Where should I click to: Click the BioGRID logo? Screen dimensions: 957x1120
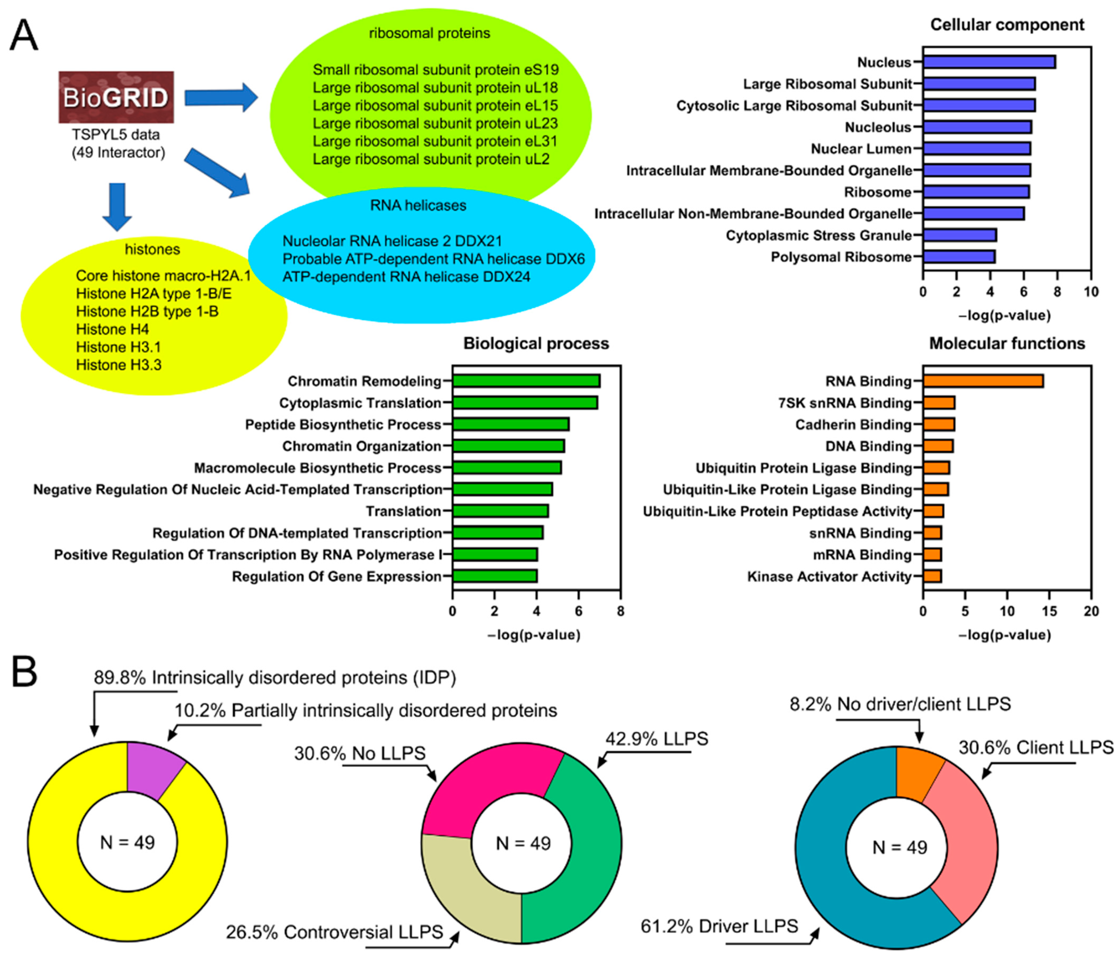pos(116,97)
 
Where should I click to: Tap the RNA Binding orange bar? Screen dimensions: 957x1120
pos(983,381)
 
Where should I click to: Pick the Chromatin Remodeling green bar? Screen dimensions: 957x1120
pos(526,381)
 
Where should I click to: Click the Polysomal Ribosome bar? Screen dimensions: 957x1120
pos(958,257)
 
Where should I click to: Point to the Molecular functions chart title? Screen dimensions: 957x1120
pos(1007,344)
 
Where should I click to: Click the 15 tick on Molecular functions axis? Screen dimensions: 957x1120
pos(1049,611)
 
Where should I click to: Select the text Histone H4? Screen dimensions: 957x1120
pos(112,329)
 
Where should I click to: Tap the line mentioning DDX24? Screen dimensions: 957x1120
pos(406,277)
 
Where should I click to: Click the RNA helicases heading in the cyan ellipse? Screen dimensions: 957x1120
pos(418,205)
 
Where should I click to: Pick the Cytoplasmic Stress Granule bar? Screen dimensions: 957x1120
pos(959,235)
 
